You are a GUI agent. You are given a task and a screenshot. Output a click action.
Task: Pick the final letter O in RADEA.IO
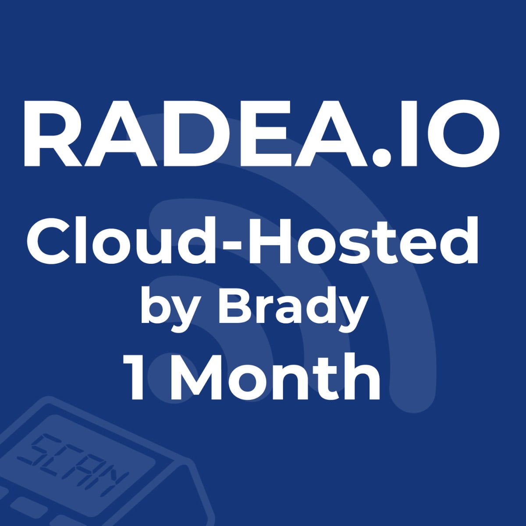click(465, 134)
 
